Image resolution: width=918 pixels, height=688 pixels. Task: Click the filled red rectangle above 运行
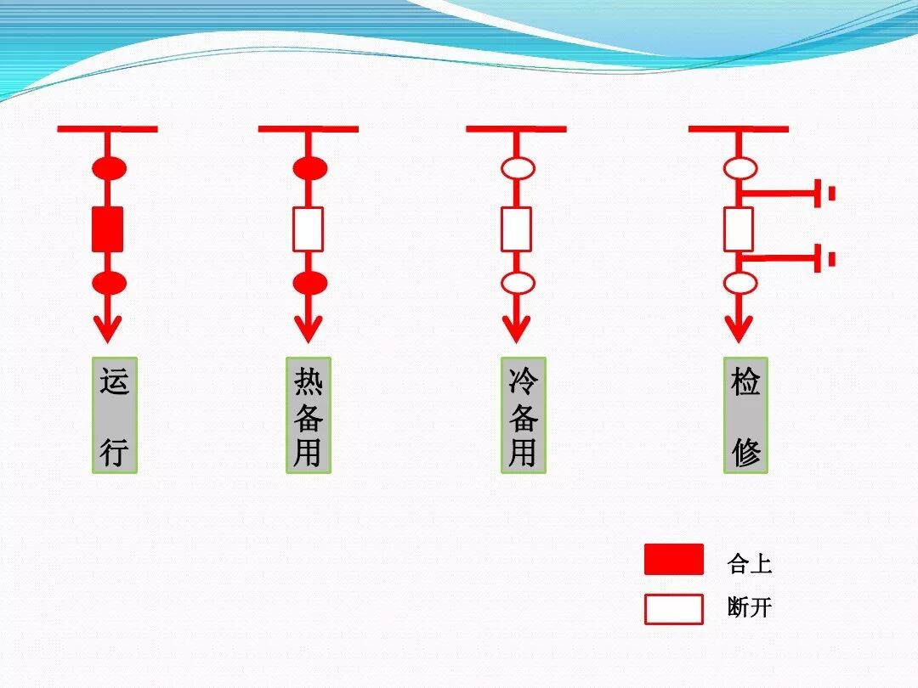click(x=108, y=228)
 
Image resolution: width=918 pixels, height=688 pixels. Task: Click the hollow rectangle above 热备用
click(x=309, y=228)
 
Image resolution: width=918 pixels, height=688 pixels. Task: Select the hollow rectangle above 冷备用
click(x=516, y=228)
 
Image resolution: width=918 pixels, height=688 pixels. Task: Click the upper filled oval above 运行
click(x=109, y=168)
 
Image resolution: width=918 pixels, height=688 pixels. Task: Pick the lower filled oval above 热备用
click(x=309, y=283)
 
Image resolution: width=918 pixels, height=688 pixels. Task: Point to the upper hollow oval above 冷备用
click(x=518, y=168)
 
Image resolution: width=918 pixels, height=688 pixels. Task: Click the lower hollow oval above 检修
click(x=740, y=283)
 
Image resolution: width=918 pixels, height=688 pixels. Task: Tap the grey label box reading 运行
click(x=115, y=415)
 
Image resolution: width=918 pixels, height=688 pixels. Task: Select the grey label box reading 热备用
click(x=308, y=415)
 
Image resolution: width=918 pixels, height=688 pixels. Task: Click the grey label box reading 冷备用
click(x=523, y=415)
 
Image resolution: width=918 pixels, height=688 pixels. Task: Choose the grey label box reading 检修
click(x=745, y=415)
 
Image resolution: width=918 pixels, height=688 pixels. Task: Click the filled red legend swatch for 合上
click(x=674, y=560)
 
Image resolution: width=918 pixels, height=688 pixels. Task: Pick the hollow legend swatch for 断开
click(x=674, y=609)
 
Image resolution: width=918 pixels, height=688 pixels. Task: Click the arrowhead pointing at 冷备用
click(x=516, y=328)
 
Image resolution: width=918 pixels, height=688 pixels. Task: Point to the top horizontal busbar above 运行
click(x=107, y=129)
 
